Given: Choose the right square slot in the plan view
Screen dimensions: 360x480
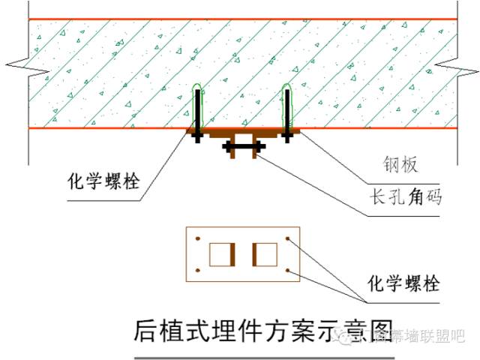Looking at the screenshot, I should pyautogui.click(x=264, y=254).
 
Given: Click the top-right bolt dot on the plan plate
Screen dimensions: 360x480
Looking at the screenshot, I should pyautogui.click(x=289, y=240).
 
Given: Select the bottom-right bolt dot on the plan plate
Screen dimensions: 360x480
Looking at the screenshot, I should pyautogui.click(x=289, y=270).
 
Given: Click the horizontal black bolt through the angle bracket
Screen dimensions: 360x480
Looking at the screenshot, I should pyautogui.click(x=241, y=148).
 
